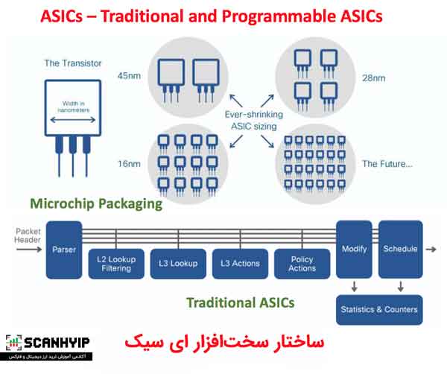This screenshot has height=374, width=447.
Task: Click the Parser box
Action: point(63,250)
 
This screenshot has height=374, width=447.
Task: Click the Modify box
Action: point(353,249)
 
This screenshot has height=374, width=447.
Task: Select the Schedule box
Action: point(400,249)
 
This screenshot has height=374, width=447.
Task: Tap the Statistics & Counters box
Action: point(378,309)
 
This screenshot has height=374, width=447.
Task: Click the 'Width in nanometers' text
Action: point(70,108)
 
